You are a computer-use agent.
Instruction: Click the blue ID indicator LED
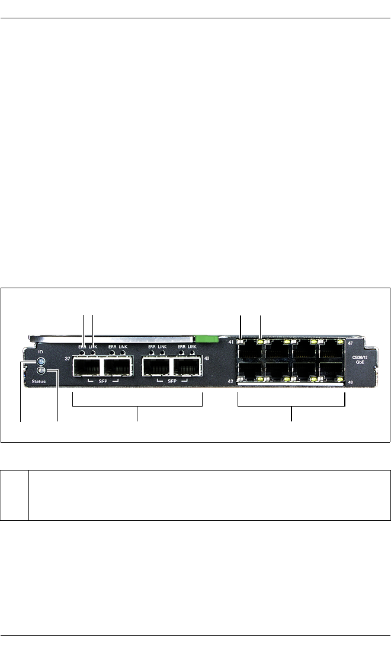(x=40, y=362)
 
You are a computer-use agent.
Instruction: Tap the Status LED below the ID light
(x=40, y=371)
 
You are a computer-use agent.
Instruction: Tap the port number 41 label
(x=231, y=342)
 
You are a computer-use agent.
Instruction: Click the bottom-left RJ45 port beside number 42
(x=249, y=371)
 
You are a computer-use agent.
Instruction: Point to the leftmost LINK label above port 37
(x=93, y=346)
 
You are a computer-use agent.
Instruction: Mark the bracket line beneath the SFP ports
(x=137, y=406)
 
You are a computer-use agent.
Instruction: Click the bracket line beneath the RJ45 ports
(x=291, y=406)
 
